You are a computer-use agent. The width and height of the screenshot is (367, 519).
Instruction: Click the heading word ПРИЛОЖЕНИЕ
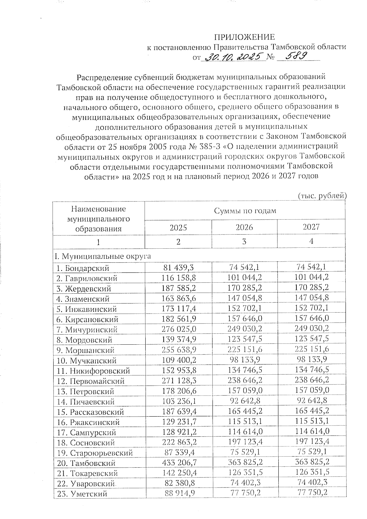pos(244,37)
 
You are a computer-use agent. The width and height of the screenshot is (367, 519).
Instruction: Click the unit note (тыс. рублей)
pos(322,196)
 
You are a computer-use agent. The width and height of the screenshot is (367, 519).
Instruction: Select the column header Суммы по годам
pos(245,211)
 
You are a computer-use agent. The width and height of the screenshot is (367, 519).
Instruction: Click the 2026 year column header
pos(244,227)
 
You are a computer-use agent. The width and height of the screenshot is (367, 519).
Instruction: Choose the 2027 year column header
pos(311,227)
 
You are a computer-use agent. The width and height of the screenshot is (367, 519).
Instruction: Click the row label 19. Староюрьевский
pos(95,453)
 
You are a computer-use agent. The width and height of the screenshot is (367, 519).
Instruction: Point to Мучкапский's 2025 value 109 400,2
pos(178,360)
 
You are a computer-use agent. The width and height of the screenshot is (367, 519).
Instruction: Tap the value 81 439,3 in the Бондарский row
pos(178,268)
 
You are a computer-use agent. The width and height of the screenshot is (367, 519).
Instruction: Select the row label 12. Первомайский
pos(91,381)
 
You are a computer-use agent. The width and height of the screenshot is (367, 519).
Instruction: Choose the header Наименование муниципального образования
pos(98,219)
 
